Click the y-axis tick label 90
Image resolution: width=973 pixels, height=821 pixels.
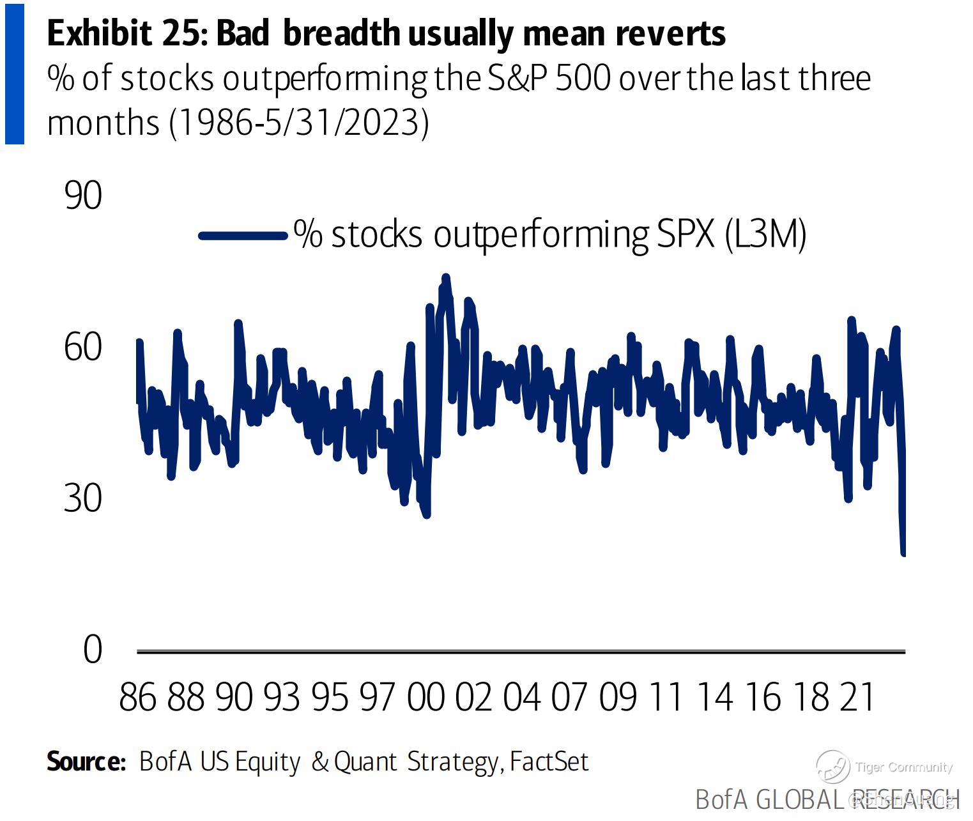click(x=83, y=196)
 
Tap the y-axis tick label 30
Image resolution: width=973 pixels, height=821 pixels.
click(x=83, y=498)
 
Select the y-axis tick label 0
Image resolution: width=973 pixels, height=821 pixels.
click(x=93, y=650)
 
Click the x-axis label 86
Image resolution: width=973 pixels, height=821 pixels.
click(x=137, y=696)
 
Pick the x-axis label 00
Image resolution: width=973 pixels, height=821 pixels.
click(x=425, y=696)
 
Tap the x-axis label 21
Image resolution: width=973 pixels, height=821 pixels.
click(x=857, y=696)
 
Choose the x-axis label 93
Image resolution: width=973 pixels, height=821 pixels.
click(x=282, y=696)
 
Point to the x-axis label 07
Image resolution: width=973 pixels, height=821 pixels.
click(x=569, y=696)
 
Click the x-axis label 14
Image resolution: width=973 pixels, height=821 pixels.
click(x=714, y=696)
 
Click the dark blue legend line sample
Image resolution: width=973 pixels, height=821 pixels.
click(x=243, y=236)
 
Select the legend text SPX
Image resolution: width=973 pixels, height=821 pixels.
click(x=686, y=234)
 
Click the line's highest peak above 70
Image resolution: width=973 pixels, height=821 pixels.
click(x=446, y=277)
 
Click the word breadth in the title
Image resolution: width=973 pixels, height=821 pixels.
click(x=341, y=33)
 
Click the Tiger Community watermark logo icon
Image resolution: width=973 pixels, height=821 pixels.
click(x=833, y=766)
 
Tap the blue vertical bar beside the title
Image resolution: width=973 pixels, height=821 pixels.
click(x=14, y=73)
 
